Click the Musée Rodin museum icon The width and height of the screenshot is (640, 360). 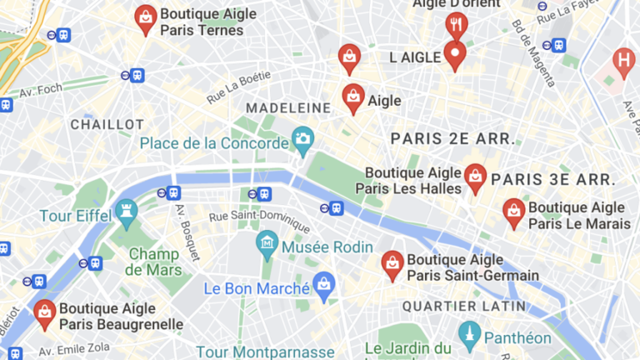[267, 245]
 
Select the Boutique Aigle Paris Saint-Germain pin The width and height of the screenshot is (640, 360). [392, 263]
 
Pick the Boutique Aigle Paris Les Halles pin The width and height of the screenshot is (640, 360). [475, 177]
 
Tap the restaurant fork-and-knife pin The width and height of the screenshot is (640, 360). [455, 25]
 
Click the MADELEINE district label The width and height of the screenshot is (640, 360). [287, 108]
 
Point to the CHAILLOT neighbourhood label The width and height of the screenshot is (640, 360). [107, 124]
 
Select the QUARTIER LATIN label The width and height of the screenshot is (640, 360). [464, 307]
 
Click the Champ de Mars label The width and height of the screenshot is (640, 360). [154, 262]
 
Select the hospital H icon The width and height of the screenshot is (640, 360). [623, 60]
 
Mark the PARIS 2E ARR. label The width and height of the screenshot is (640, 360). [452, 137]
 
